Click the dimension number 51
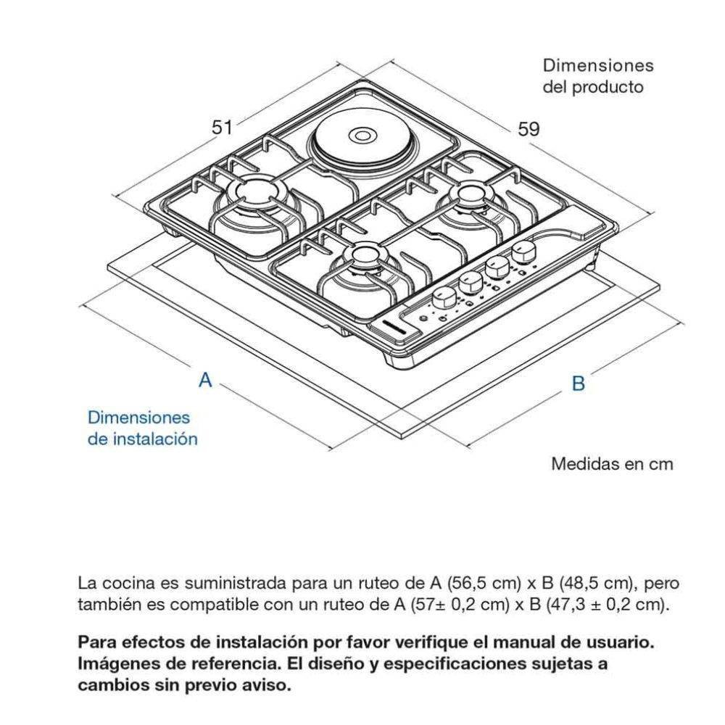221,127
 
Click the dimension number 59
529,129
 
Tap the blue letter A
205,380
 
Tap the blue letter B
579,384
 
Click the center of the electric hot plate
361,136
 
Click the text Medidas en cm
612,464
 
